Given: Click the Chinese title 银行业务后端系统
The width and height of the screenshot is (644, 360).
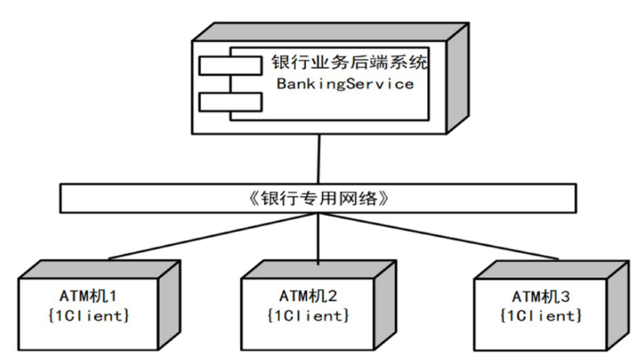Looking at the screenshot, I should pos(349,62).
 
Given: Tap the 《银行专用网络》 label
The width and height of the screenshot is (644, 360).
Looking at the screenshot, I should pos(320,198).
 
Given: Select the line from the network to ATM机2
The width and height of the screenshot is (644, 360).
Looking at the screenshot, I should pos(318,239).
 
